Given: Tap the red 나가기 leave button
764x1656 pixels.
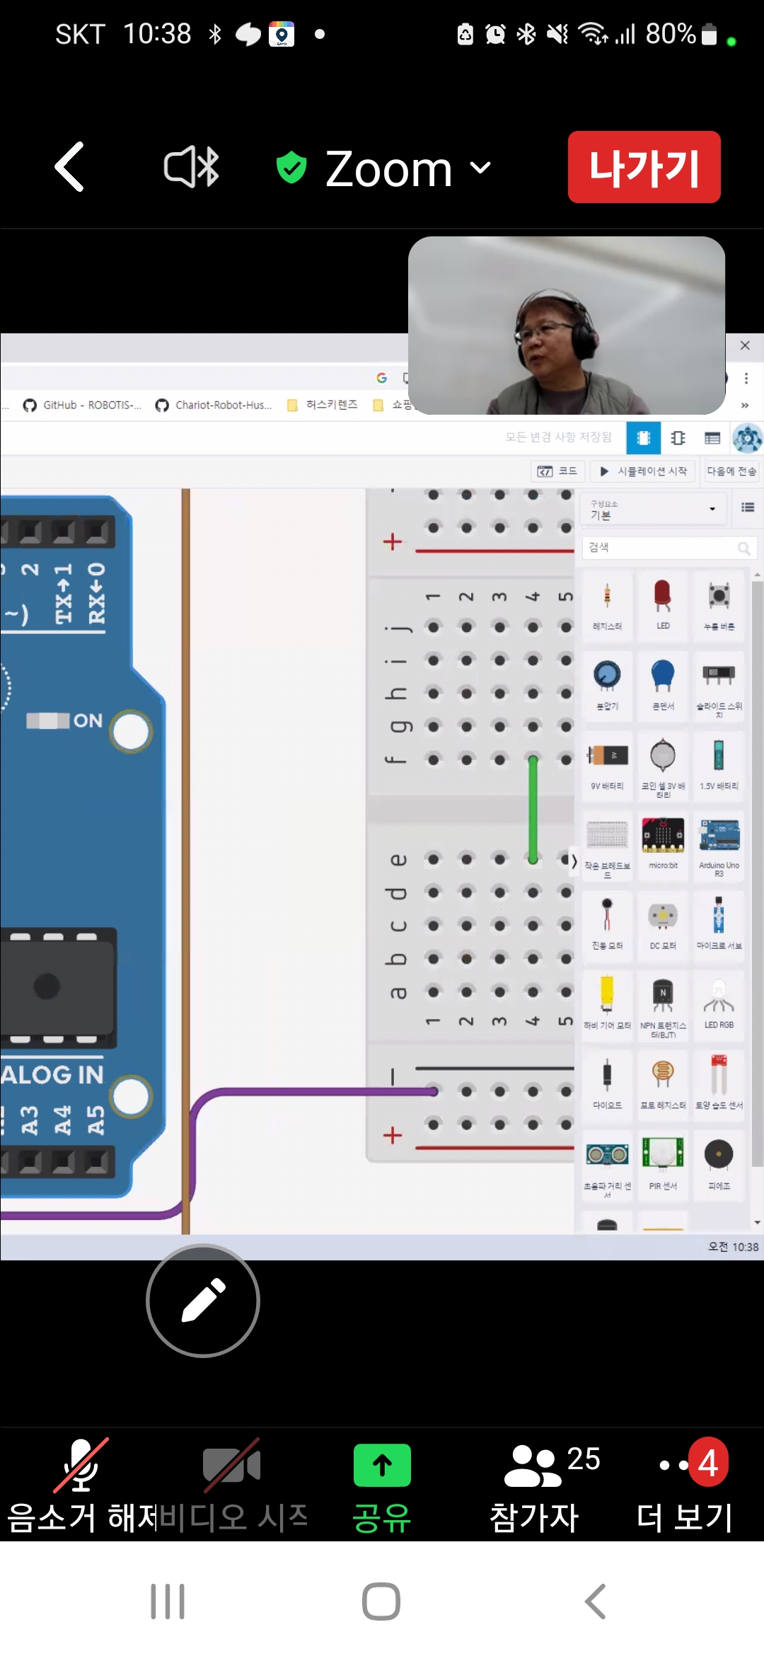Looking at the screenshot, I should coord(644,167).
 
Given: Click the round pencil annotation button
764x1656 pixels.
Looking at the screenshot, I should coord(203,1301).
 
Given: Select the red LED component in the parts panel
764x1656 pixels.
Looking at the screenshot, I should coord(663,597).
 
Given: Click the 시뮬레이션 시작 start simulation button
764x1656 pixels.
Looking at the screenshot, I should coord(644,471).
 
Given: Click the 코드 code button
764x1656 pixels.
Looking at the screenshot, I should coord(557,471).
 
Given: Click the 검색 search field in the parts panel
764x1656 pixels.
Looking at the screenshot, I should coord(661,547).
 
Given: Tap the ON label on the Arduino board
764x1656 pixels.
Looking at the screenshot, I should coord(88,720).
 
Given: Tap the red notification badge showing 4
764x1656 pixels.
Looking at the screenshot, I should coord(708,1463).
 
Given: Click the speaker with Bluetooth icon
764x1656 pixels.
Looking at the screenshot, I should coord(191,167).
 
